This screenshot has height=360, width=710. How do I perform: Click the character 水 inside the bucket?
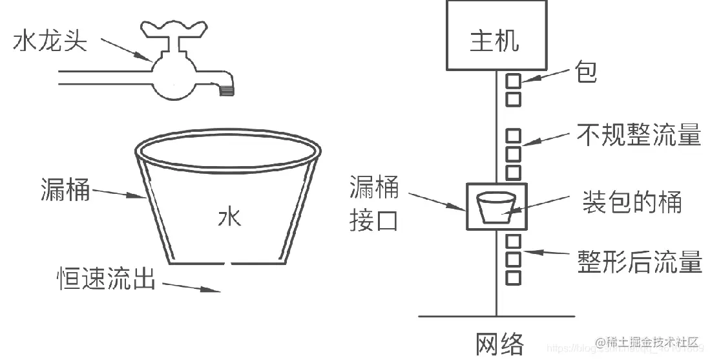coord(229,217)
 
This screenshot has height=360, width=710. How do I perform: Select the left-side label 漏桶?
coord(65,189)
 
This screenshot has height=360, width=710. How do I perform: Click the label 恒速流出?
coord(106,279)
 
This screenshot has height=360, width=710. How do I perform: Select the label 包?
coord(585,72)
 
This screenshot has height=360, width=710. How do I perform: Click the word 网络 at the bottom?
coord(499,344)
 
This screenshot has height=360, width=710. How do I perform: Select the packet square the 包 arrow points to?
coord(513,81)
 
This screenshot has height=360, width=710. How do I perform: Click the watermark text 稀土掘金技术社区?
coord(653,342)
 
